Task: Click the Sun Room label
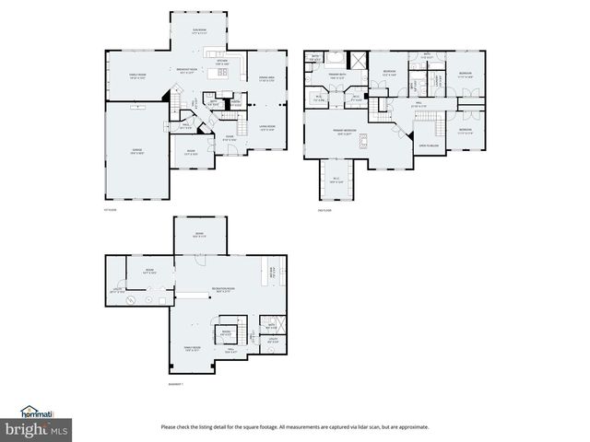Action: click(x=199, y=30)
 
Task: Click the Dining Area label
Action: click(x=268, y=78)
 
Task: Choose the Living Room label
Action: click(x=268, y=128)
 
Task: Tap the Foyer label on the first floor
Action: click(x=230, y=139)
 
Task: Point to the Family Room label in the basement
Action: click(x=191, y=348)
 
